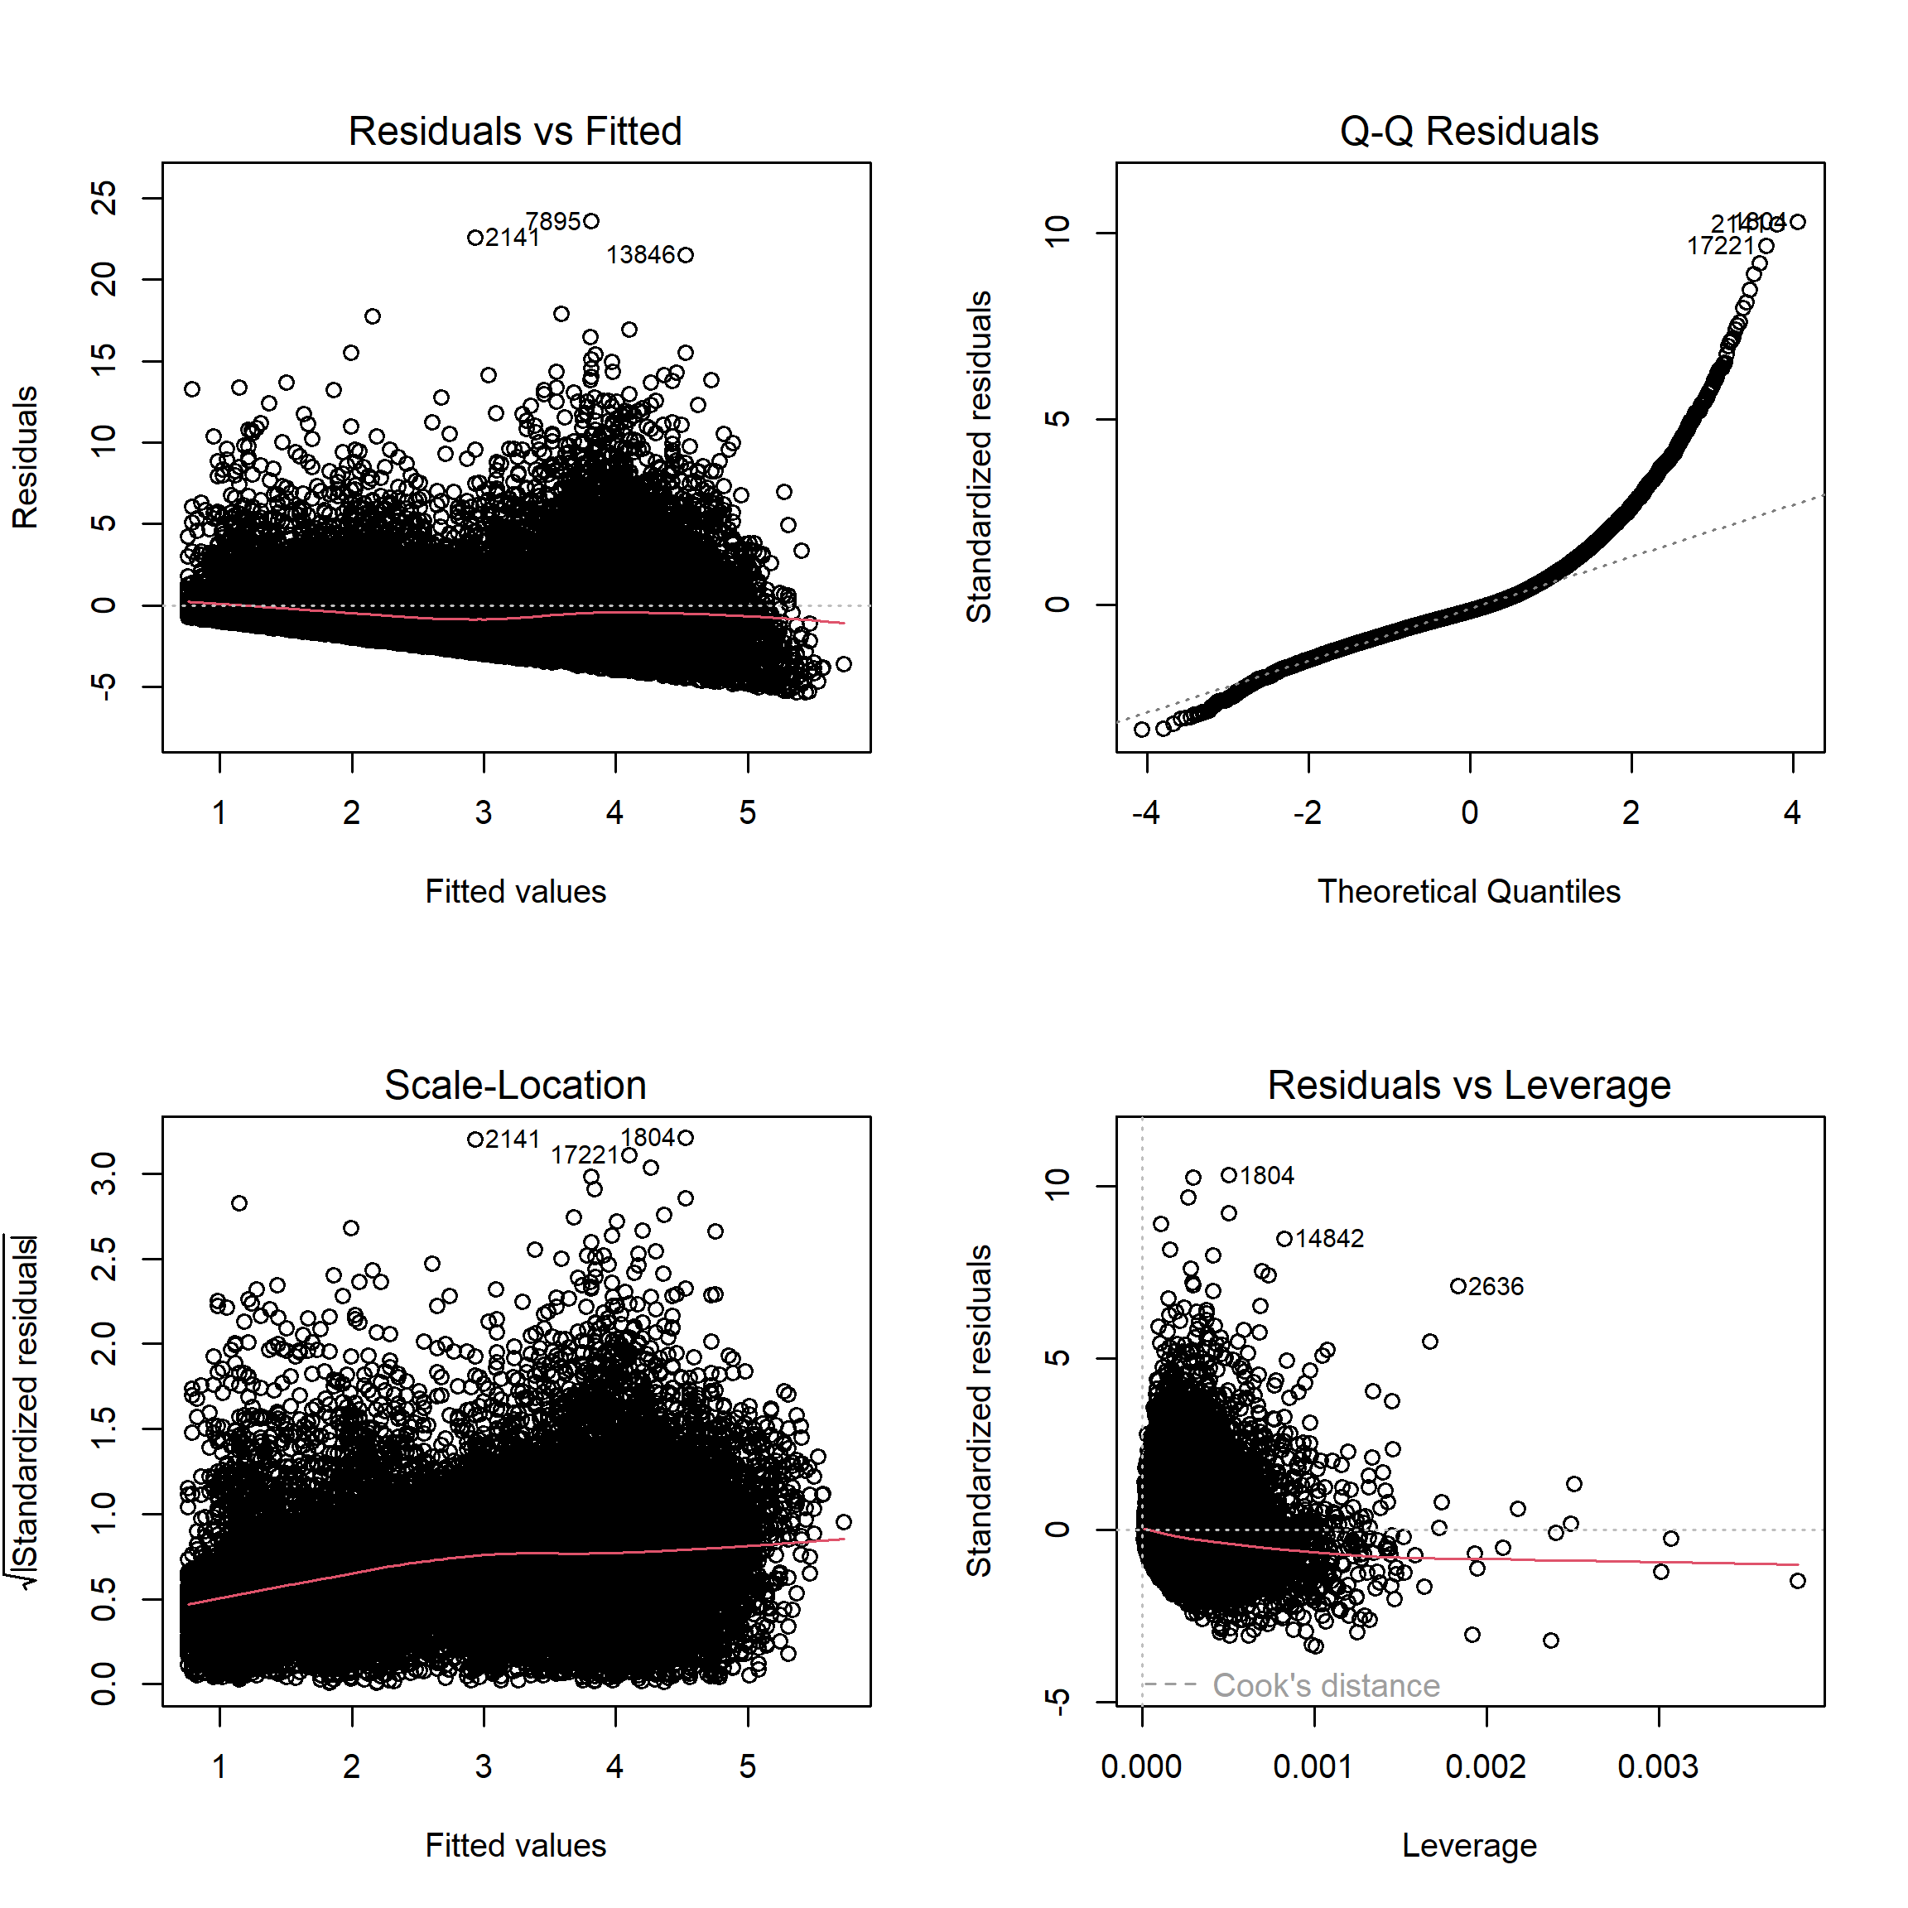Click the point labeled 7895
[591, 221]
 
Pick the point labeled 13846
[687, 255]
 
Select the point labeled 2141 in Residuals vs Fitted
[475, 238]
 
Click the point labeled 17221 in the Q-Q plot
[1766, 246]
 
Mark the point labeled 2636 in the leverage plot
[1457, 1286]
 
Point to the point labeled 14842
[1284, 1238]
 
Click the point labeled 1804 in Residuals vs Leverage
[1229, 1175]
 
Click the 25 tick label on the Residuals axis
[104, 199]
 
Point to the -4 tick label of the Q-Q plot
[1145, 812]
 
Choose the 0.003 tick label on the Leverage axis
[1657, 1766]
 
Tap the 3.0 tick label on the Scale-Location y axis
[104, 1173]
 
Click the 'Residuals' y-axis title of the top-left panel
[26, 457]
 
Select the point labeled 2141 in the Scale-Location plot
[475, 1139]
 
